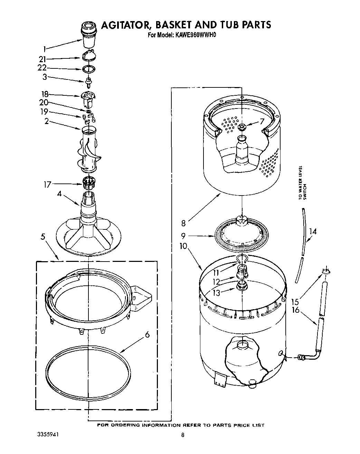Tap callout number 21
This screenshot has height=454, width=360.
coord(43,59)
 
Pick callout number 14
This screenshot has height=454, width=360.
coord(312,231)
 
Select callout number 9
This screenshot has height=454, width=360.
coord(183,236)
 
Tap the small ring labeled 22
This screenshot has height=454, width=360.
coord(89,69)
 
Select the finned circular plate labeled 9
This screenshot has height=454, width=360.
coord(241,235)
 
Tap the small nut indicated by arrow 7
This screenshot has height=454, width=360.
coord(242,127)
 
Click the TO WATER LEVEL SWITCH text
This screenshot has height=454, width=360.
coord(302,183)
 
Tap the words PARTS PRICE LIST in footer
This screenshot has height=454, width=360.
coord(238,425)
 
